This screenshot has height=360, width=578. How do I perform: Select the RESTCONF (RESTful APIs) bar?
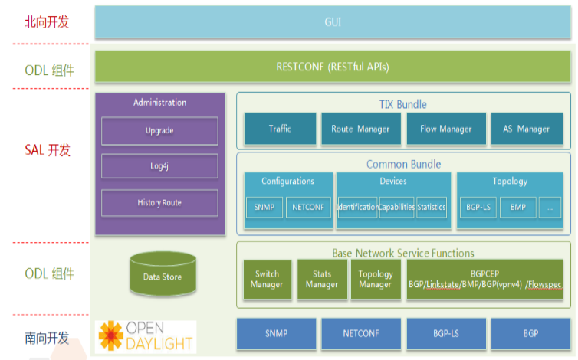tap(333, 67)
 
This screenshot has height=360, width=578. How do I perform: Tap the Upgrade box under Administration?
tap(159, 131)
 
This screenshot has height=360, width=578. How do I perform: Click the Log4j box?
tap(159, 166)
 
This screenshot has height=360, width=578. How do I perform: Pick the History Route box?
tap(159, 202)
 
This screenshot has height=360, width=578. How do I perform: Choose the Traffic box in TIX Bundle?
tap(280, 129)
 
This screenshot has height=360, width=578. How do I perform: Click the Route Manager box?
tap(360, 129)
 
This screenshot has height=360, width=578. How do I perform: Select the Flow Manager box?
tap(445, 129)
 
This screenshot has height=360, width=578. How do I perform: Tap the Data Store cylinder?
tap(162, 275)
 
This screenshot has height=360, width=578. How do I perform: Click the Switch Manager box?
tap(267, 280)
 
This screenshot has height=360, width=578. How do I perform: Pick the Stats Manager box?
tap(322, 280)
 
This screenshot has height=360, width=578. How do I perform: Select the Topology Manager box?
tap(376, 280)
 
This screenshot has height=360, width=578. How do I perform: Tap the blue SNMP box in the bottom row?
tap(276, 335)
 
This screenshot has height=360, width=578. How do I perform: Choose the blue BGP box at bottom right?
tap(530, 335)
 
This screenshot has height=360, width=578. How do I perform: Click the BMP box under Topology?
tap(517, 207)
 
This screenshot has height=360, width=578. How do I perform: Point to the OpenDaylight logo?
tap(145, 335)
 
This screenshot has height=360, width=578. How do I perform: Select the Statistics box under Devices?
tap(432, 207)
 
